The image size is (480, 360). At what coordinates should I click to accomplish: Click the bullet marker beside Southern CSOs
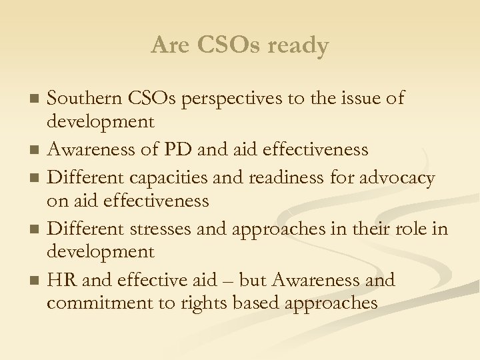[37, 99]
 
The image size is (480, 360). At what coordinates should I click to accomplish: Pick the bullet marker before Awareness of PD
[37, 150]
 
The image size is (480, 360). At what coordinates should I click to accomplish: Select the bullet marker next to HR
[37, 281]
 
